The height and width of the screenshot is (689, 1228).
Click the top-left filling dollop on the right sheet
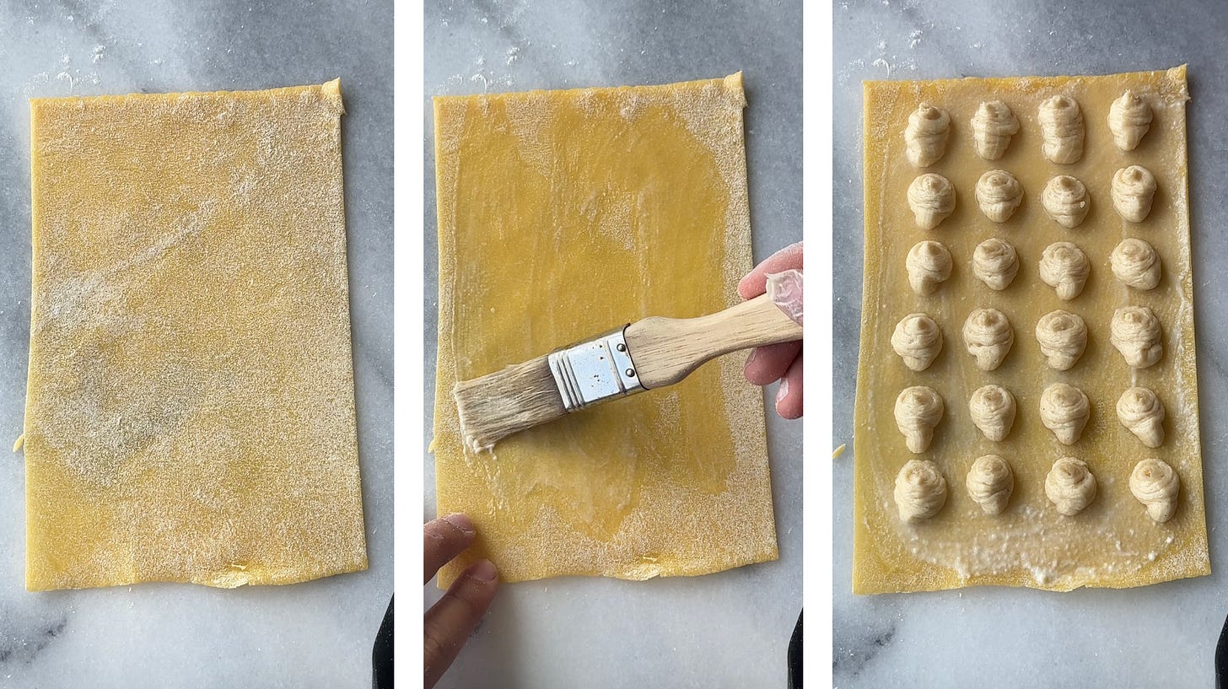pyautogui.click(x=927, y=133)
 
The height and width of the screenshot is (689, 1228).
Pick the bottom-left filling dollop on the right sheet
pyautogui.click(x=919, y=490)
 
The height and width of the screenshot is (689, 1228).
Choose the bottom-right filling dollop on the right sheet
pyautogui.click(x=1155, y=488)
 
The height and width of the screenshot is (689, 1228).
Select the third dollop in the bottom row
pyautogui.click(x=1070, y=486)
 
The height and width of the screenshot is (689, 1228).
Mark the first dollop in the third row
pyautogui.click(x=929, y=266)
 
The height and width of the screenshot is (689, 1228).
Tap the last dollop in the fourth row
pyautogui.click(x=1136, y=335)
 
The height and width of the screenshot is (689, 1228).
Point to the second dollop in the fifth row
pyautogui.click(x=992, y=412)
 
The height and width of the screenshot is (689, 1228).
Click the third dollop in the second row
pyautogui.click(x=1065, y=200)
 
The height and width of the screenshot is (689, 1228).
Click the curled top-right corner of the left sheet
pyautogui.click(x=333, y=93)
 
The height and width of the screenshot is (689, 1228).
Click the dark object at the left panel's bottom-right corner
pyautogui.click(x=384, y=645)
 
